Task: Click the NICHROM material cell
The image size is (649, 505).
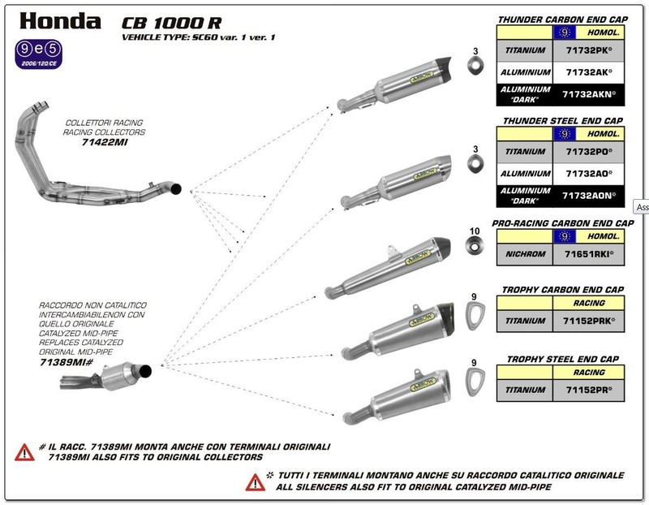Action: (x=524, y=254)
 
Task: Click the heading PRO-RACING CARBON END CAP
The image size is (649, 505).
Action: (x=563, y=222)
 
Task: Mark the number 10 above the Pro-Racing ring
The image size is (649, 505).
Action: (x=475, y=231)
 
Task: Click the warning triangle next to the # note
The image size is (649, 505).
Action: (x=24, y=452)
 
